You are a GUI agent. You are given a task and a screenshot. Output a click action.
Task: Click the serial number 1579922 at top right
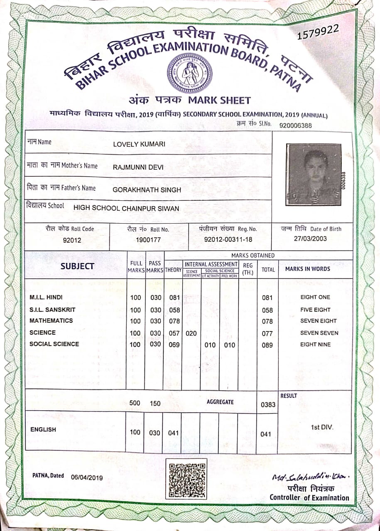click(x=319, y=32)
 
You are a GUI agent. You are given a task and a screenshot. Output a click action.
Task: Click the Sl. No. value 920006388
click(x=296, y=125)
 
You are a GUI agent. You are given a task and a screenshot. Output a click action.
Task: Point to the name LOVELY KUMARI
click(x=139, y=144)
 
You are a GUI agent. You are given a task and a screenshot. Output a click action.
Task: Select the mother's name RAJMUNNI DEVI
click(x=138, y=168)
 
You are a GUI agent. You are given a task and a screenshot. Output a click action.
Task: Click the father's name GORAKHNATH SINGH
click(x=147, y=190)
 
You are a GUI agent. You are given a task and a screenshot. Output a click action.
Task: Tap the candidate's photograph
click(x=314, y=174)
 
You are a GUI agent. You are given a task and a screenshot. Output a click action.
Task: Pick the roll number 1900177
click(x=148, y=239)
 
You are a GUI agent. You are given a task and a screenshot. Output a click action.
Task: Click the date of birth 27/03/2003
click(x=310, y=239)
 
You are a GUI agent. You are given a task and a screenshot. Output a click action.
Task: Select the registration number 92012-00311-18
click(x=228, y=239)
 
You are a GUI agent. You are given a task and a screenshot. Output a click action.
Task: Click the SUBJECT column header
click(x=77, y=266)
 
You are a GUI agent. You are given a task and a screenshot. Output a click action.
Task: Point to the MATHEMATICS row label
click(x=51, y=321)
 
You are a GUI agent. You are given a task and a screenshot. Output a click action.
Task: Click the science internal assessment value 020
click(x=191, y=333)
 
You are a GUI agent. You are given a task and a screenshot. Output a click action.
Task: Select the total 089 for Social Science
click(x=267, y=345)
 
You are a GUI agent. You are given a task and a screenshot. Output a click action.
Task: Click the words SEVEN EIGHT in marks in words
click(x=319, y=321)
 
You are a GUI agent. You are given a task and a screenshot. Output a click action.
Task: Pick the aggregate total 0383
click(x=268, y=404)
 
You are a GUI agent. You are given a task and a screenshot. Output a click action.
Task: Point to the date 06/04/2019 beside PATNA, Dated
click(x=87, y=477)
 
